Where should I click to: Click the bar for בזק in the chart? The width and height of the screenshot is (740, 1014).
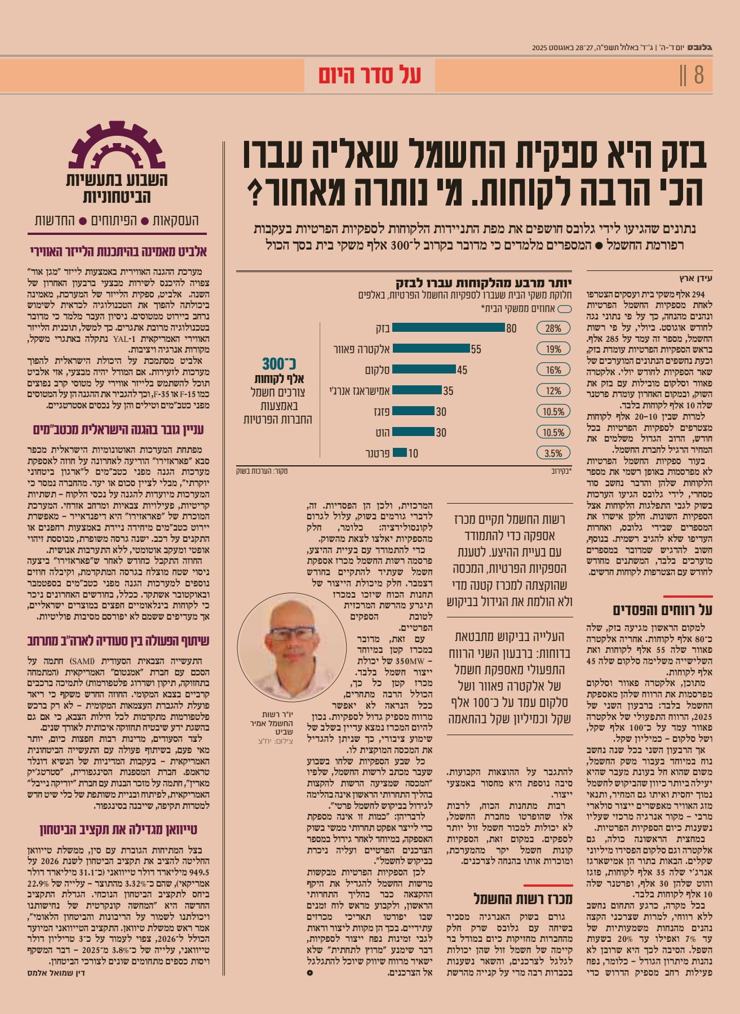tap(448, 328)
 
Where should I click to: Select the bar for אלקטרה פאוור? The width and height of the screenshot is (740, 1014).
tap(431, 349)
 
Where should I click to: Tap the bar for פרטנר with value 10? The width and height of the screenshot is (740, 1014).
tap(400, 453)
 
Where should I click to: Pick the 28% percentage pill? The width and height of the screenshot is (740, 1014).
tap(553, 328)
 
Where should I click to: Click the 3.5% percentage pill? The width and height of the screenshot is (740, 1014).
tap(553, 453)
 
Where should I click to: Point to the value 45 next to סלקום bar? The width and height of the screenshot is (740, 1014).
tap(462, 370)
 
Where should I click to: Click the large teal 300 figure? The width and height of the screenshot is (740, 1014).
tap(280, 363)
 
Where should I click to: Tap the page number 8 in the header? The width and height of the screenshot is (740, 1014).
tap(699, 75)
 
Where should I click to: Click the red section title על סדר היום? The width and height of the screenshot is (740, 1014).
tap(370, 75)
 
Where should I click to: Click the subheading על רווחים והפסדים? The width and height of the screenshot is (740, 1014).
tap(663, 610)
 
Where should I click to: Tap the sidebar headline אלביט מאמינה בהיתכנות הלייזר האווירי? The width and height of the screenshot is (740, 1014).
tap(118, 251)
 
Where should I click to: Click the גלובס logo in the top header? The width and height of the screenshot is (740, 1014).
tap(701, 48)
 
